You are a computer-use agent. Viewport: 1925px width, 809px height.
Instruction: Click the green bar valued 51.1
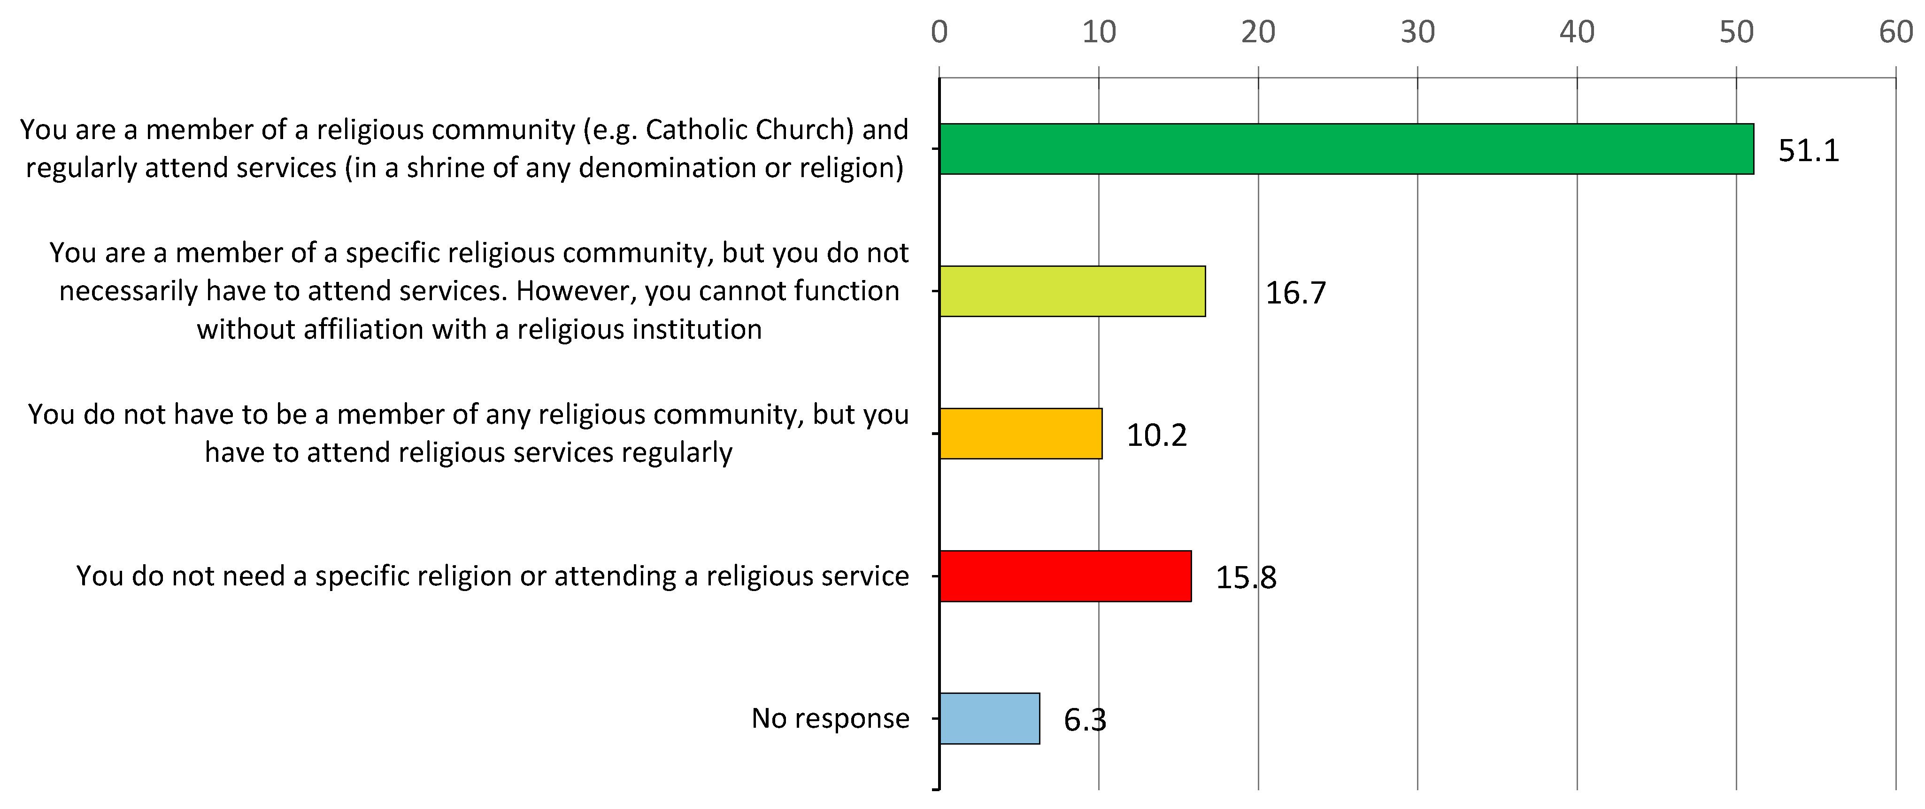point(1346,149)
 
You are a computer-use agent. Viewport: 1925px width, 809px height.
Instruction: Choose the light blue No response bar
point(989,718)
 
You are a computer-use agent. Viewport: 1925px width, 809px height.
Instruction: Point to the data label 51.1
point(1809,151)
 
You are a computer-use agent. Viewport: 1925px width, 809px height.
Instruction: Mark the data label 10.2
point(1156,435)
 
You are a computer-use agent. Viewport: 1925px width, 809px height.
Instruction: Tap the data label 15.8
point(1246,578)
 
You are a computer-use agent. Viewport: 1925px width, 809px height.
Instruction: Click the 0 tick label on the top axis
point(939,32)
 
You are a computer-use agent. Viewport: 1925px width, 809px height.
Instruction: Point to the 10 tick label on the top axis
point(1099,32)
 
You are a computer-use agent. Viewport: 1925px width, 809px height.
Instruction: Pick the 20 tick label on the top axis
point(1258,32)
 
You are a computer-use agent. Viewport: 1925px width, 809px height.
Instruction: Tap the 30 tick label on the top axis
point(1417,32)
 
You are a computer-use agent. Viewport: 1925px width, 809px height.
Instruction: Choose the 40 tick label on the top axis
point(1577,32)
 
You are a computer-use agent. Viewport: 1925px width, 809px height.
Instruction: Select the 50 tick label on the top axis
point(1736,32)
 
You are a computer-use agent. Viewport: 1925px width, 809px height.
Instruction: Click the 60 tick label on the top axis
point(1896,32)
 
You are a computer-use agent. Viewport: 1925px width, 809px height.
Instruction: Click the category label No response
point(830,718)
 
